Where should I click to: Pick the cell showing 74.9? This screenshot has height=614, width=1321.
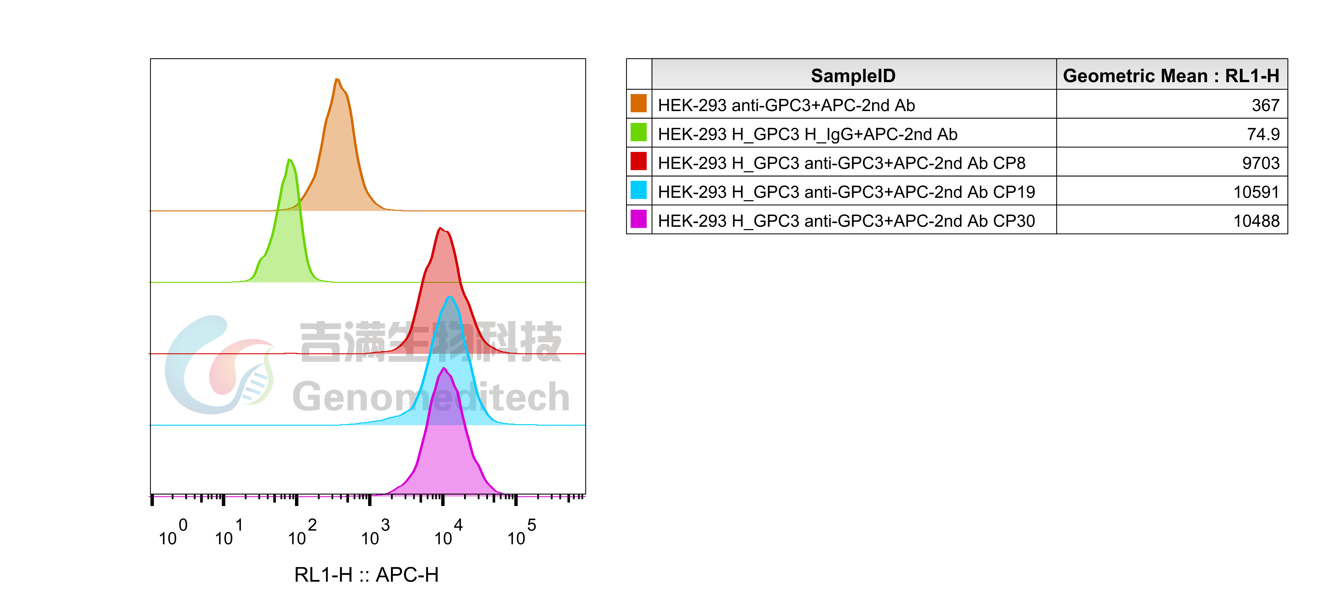point(1263,134)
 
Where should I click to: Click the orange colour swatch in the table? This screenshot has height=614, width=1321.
point(638,103)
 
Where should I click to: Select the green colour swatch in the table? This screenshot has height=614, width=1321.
point(638,132)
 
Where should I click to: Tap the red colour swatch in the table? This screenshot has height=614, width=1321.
point(638,161)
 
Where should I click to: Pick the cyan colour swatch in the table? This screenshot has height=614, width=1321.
point(638,190)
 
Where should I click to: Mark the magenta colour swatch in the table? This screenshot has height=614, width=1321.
point(638,219)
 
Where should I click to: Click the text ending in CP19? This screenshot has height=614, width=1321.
point(846,192)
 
